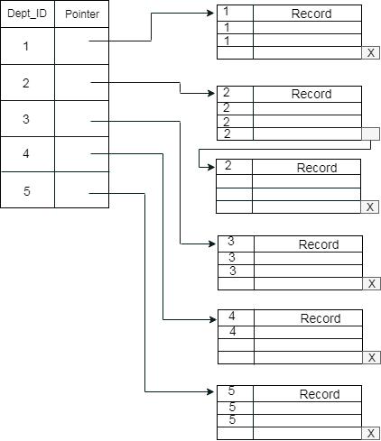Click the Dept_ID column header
(x=27, y=14)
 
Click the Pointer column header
(x=82, y=14)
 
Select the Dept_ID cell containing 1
(x=27, y=46)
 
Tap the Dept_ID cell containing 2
(x=27, y=83)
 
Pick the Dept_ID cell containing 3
(x=27, y=119)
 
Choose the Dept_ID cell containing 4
(x=27, y=154)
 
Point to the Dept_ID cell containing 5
(x=27, y=190)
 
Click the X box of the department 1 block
(x=370, y=53)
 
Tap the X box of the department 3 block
(x=371, y=284)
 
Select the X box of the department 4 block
(x=371, y=358)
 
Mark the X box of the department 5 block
(x=370, y=434)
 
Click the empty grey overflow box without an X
(x=370, y=133)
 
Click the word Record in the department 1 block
(x=311, y=14)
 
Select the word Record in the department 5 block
(x=320, y=394)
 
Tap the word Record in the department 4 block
(x=321, y=318)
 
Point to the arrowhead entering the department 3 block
(x=213, y=243)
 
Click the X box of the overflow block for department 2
(x=370, y=207)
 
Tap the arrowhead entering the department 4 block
(x=213, y=319)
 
